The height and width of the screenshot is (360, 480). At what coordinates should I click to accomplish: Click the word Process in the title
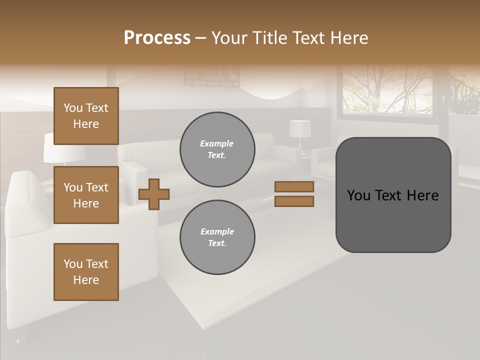[157, 37]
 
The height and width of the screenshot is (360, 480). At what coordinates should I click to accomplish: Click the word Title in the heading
[268, 37]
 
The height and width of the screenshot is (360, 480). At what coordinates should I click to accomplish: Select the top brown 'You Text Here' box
[86, 116]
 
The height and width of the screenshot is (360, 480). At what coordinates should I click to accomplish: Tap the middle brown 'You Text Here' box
[86, 195]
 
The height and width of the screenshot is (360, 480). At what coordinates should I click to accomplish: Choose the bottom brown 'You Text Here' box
[86, 271]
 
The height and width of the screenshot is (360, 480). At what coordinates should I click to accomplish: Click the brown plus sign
[154, 194]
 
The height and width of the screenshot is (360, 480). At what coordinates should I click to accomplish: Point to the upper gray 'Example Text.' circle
[217, 149]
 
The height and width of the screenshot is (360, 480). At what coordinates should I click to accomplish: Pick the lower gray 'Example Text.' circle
[217, 237]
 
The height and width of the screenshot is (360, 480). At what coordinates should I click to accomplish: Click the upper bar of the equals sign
[294, 186]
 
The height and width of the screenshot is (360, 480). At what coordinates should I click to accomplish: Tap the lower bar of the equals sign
[294, 201]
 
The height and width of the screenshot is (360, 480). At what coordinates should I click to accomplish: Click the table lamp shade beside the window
[299, 128]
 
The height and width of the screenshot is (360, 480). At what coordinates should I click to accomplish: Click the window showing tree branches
[387, 90]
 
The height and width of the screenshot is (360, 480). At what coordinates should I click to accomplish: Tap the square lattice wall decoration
[211, 76]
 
